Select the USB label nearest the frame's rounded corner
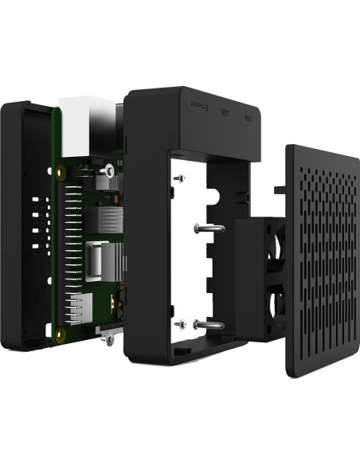248,119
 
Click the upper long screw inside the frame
208,229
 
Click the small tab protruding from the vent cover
279,190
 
